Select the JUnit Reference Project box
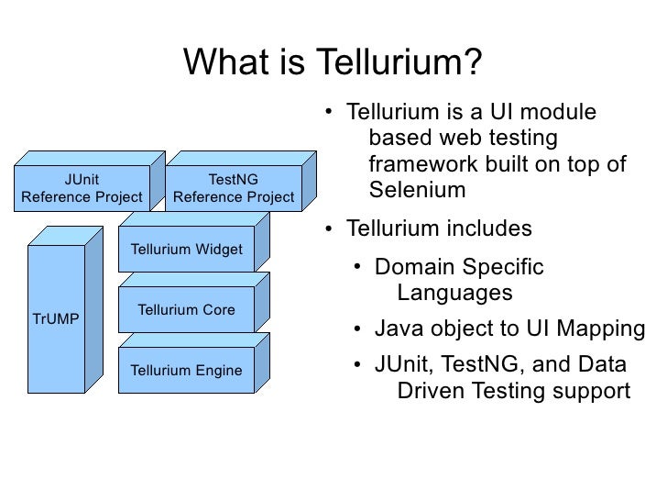click(x=82, y=189)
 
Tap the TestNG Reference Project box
click(x=234, y=189)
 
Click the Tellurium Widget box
click(x=187, y=250)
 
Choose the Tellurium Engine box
click(x=187, y=371)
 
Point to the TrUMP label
click(x=56, y=319)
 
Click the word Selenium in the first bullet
click(x=417, y=191)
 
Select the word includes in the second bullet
click(x=490, y=228)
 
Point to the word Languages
click(x=454, y=294)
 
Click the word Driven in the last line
click(x=431, y=391)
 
